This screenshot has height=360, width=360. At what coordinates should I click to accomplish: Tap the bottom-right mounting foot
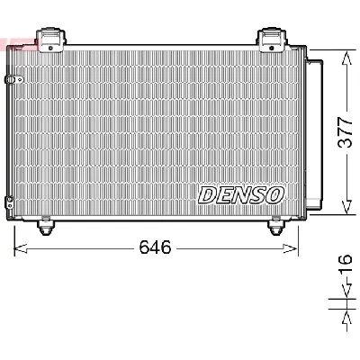[x=274, y=229]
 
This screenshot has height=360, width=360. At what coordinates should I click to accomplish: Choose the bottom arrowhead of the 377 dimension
[x=346, y=211]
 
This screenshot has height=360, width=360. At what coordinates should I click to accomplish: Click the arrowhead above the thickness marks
[x=346, y=293]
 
